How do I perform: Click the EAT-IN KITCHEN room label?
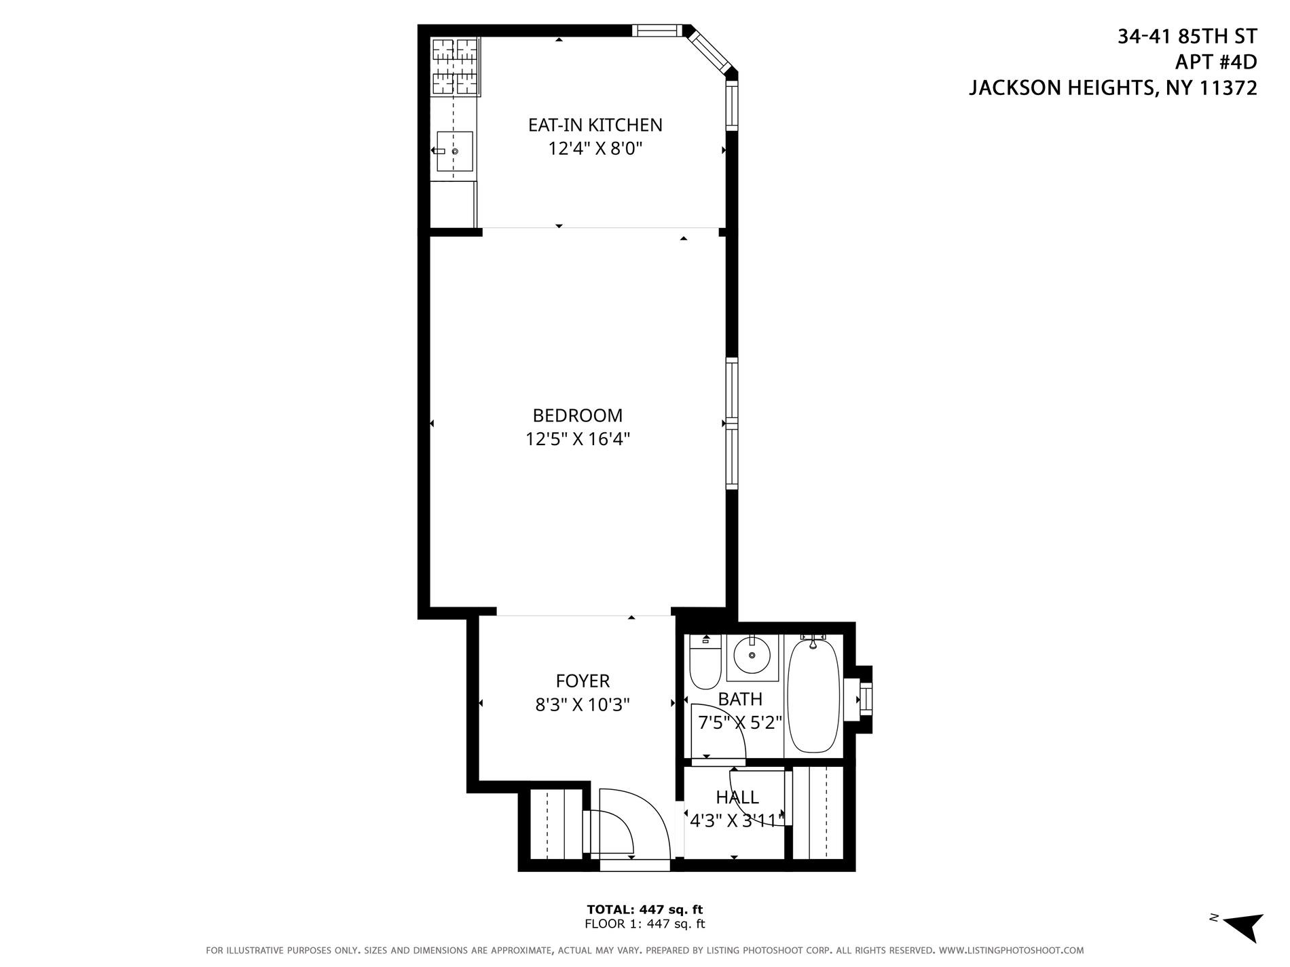coord(595,125)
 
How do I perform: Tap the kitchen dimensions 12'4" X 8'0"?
coord(595,149)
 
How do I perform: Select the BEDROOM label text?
coord(577,415)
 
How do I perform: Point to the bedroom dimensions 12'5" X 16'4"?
coord(577,440)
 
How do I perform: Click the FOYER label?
coord(583,681)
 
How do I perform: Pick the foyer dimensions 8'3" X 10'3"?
coord(583,705)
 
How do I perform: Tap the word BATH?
coord(740,699)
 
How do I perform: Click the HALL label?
coord(737,797)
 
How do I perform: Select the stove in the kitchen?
coord(455,66)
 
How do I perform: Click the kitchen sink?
coord(454,151)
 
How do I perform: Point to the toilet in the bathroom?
coord(705,662)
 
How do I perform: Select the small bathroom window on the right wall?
coord(864,698)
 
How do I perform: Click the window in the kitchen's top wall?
coord(657,30)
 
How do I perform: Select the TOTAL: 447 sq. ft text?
coord(644,909)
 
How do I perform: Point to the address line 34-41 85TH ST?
coord(1187,37)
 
